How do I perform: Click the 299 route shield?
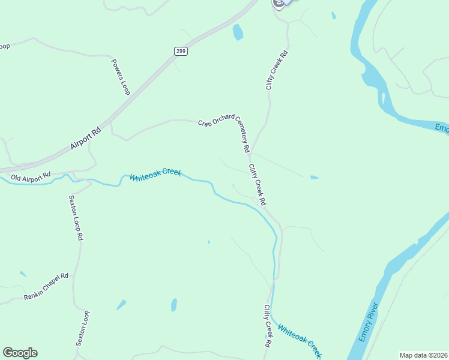[x=181, y=51]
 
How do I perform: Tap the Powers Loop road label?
[x=121, y=76]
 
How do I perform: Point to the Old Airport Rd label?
[x=31, y=177]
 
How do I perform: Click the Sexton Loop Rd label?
[x=75, y=218]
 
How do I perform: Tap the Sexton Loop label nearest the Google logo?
[x=82, y=328]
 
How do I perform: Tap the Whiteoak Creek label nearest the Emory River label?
[x=300, y=338]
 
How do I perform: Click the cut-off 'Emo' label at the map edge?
[x=441, y=128]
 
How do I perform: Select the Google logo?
[x=20, y=353]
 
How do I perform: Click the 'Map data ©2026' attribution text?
[x=423, y=355]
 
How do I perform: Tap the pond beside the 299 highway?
[x=238, y=32]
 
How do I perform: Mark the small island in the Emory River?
[x=383, y=98]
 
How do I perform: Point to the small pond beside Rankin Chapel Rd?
[x=23, y=274]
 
